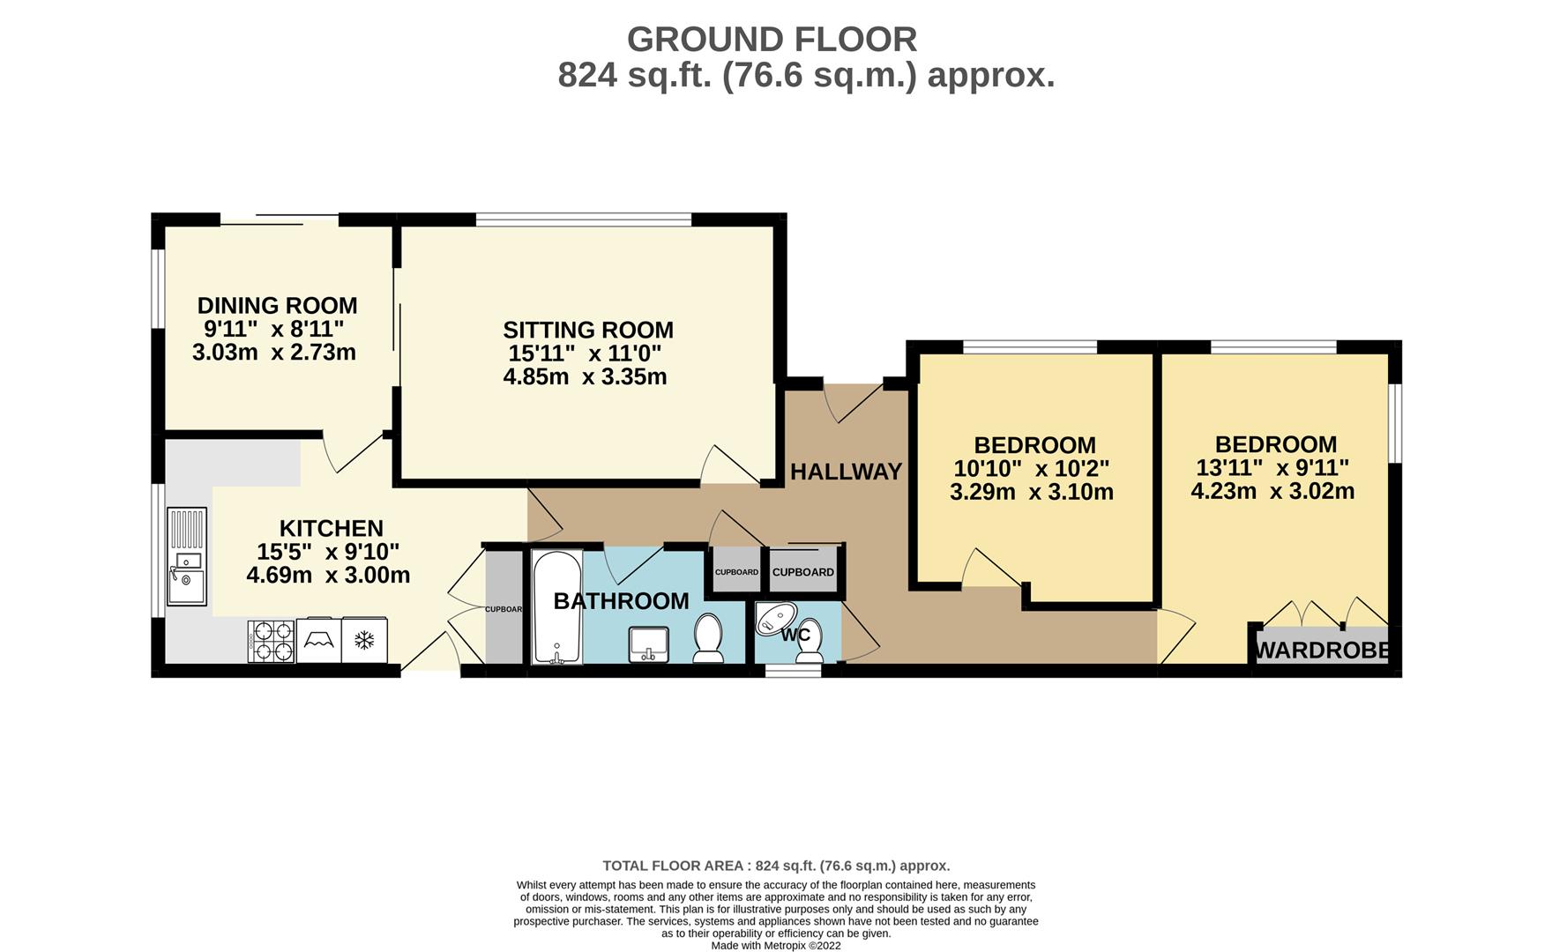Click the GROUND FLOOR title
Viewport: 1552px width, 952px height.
coord(772,40)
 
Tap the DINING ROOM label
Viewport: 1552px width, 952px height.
coord(277,306)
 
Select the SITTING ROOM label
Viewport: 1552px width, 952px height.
coord(588,330)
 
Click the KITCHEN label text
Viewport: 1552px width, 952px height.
coord(332,528)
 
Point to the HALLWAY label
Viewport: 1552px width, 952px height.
coord(846,472)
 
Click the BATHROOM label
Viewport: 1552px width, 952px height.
coord(621,601)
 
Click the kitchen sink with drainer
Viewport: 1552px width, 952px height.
coord(187,556)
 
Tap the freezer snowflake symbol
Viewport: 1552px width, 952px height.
coord(364,641)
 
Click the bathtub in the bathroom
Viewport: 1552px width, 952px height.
coord(556,607)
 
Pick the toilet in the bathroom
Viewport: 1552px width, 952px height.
coord(708,638)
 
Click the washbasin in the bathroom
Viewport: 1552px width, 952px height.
coord(648,643)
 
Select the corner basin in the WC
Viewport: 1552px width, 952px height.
coord(775,619)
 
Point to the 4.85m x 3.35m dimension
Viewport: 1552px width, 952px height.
coord(585,377)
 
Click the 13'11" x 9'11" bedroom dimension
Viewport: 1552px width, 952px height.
coord(1272,468)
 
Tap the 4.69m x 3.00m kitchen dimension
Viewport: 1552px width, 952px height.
coord(328,576)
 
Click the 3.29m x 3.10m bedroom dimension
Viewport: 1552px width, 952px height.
coord(1032,492)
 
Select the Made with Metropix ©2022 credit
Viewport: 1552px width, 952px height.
coord(776,946)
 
